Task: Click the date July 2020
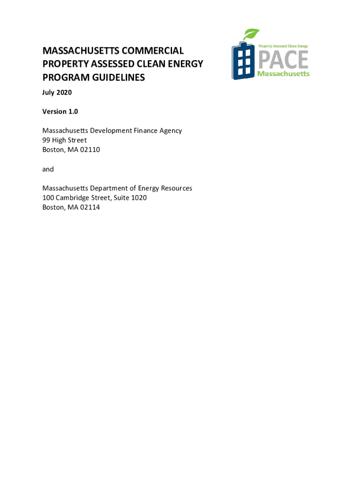click(57, 93)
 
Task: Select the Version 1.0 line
click(60, 111)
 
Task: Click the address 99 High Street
click(65, 140)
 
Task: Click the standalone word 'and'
click(48, 169)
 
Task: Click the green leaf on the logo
click(251, 35)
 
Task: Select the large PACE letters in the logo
click(283, 60)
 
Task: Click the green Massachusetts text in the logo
click(283, 74)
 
